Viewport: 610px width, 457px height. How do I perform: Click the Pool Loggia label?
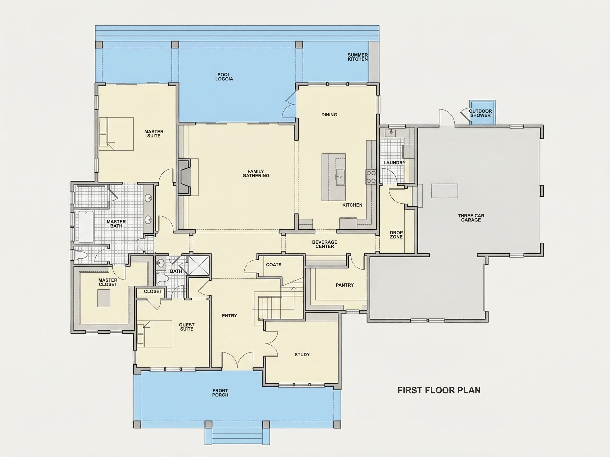tap(224, 77)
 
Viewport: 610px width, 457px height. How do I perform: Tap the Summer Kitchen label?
tap(357, 57)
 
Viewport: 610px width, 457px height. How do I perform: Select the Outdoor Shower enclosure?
tap(483, 112)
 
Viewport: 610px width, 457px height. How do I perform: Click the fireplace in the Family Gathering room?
tap(184, 177)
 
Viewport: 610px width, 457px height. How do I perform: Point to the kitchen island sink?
tap(340, 177)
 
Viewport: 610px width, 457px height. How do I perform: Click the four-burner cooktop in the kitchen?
tap(371, 177)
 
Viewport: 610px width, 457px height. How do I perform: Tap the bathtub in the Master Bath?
tap(86, 226)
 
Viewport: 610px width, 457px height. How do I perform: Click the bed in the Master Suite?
tap(116, 134)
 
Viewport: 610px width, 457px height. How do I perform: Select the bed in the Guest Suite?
tap(154, 333)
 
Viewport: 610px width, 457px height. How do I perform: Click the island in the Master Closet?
tap(104, 298)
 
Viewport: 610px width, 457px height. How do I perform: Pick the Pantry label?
tap(344, 285)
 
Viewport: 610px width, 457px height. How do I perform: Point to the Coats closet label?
tap(273, 265)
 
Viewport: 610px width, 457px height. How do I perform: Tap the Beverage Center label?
tap(325, 244)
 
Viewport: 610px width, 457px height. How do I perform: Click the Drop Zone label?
tap(396, 235)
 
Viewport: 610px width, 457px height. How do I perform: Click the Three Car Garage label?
tap(471, 218)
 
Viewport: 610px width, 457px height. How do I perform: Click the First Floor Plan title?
tap(439, 390)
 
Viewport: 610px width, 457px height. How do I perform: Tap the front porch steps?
tap(237, 437)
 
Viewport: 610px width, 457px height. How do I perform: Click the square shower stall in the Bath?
tap(199, 265)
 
